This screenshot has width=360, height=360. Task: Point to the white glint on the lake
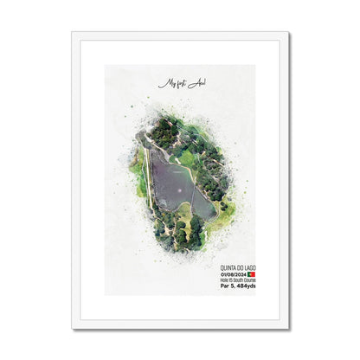(x=181, y=186)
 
